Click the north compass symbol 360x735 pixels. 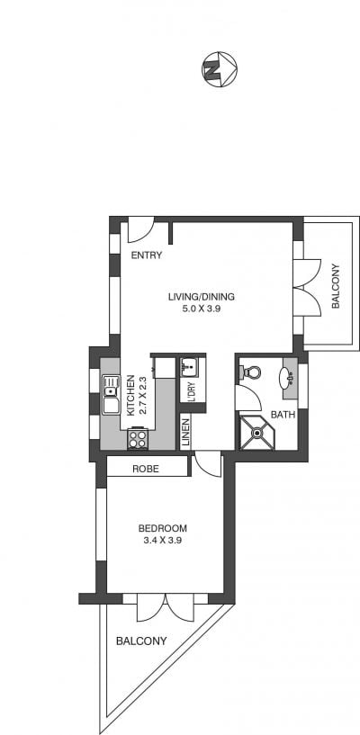220,69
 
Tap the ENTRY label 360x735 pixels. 146,255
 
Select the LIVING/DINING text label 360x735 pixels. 201,297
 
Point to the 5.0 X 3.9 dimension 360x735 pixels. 202,309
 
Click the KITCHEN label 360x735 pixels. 131,395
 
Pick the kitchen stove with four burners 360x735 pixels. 138,439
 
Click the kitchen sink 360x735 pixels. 111,394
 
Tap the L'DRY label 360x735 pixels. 191,390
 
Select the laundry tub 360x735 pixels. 190,366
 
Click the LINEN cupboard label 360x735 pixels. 185,432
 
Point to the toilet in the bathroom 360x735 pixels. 250,372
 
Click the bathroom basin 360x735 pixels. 287,378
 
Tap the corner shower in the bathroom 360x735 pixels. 256,433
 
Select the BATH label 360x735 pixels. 283,415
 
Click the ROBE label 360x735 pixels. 145,469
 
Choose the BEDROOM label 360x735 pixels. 163,528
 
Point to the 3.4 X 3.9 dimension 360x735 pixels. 163,540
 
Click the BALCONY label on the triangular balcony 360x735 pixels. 141,641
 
